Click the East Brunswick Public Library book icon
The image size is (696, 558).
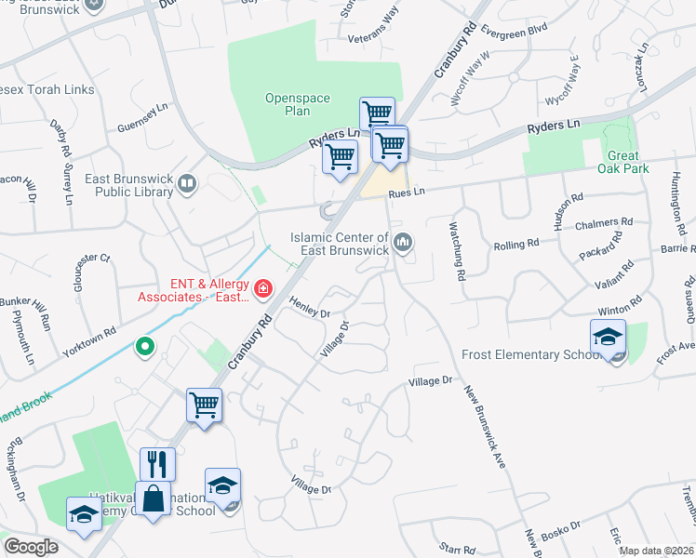tap(189, 183)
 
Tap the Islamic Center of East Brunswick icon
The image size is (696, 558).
tap(403, 243)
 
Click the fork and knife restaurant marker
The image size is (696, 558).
tap(156, 464)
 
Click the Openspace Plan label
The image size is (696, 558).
tap(287, 104)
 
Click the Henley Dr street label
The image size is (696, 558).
tap(310, 307)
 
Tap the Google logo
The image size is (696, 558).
tap(31, 547)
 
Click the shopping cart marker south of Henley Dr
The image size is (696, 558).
tap(204, 405)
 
